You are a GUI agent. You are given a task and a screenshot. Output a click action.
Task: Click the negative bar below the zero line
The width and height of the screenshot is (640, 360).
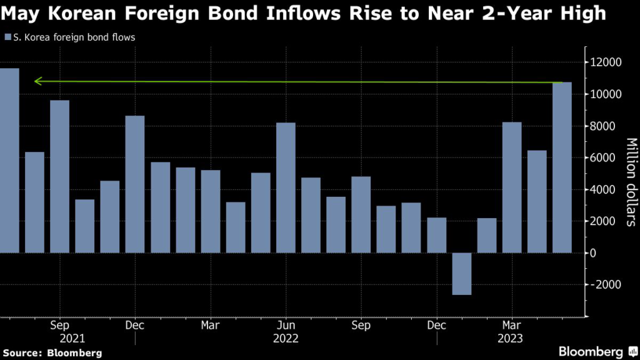(461, 274)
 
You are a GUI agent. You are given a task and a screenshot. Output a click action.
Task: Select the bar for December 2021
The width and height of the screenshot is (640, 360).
(135, 184)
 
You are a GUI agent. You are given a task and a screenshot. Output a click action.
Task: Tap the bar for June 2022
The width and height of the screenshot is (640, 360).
(286, 187)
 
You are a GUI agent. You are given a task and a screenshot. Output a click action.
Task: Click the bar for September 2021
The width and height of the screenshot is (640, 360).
(59, 177)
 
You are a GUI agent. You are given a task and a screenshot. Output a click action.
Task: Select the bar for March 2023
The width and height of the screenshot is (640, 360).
(512, 187)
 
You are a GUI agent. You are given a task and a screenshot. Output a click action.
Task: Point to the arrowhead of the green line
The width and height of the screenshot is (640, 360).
(37, 81)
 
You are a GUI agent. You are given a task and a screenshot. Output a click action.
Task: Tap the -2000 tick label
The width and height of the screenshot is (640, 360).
(604, 285)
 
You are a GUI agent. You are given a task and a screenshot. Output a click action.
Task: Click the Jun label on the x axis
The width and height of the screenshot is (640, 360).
(286, 326)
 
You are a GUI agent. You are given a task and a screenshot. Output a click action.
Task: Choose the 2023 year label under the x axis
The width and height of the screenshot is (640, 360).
(512, 338)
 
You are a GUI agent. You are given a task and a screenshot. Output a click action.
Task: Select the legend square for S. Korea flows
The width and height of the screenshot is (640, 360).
(7, 37)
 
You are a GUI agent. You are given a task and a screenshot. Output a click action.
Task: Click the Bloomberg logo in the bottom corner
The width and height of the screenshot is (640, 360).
(591, 351)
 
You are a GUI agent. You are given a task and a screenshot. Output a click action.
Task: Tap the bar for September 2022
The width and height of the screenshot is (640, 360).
(361, 214)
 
